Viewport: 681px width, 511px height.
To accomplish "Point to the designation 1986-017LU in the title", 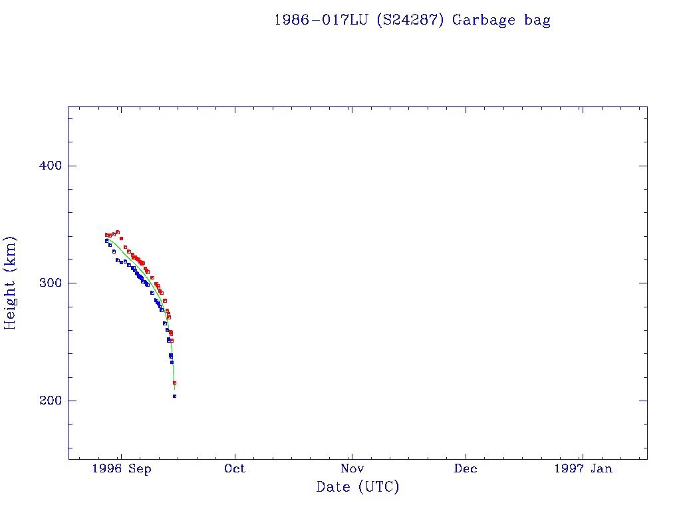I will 322,20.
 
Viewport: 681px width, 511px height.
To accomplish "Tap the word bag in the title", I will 537,20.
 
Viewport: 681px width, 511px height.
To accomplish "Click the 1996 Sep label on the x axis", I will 122,468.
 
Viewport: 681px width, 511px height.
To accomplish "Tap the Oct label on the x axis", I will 235,468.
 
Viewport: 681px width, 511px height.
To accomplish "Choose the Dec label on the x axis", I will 466,468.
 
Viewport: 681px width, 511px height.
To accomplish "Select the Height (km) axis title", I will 11,283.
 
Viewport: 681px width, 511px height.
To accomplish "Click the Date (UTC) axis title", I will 358,487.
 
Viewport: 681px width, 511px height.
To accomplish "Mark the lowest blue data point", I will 174,396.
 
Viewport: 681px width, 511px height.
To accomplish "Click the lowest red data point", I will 174,383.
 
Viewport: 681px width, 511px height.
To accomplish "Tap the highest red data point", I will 118,232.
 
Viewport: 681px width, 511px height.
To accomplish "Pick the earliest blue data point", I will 106,241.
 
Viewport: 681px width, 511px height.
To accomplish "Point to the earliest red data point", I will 106,235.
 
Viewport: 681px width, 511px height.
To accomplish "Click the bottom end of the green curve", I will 175,389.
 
